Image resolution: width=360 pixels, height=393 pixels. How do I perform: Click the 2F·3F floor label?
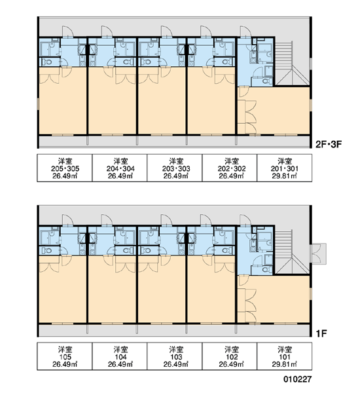pos(329,144)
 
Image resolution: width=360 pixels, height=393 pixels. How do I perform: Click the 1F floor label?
pos(321,333)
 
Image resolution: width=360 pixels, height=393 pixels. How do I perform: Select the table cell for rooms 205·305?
pos(65,168)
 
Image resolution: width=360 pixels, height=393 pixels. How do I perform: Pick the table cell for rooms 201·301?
pos(284,168)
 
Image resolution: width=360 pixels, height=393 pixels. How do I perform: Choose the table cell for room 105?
pos(65,356)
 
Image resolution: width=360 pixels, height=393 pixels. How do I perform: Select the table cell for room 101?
pos(284,356)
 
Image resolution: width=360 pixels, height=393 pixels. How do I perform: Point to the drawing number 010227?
pos(297,379)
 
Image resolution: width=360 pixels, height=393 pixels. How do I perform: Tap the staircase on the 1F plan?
pos(292,252)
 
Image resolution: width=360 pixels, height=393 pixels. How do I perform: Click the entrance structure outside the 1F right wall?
pos(318,253)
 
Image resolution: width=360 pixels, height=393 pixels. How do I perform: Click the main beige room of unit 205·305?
pos(63,101)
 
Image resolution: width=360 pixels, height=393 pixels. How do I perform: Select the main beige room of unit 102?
pos(211,290)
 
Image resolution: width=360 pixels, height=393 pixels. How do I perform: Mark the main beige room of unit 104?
pos(112,290)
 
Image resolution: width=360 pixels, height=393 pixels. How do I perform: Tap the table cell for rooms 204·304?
pos(120,168)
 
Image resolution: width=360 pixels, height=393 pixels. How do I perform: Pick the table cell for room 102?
pos(230,356)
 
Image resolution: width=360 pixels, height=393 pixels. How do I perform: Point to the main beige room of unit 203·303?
pos(162,101)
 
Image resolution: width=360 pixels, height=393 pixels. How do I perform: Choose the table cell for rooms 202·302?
pos(230,168)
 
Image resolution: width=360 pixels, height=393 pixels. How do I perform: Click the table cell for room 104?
pos(120,356)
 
